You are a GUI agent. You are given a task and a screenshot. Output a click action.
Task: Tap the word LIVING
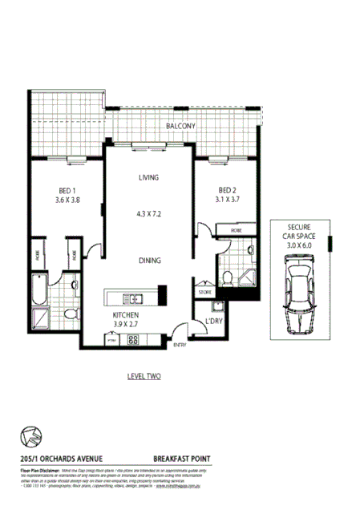click(148, 177)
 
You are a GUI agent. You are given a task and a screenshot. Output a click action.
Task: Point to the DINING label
click(149, 261)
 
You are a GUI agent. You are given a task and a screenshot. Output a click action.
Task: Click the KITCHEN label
click(126, 316)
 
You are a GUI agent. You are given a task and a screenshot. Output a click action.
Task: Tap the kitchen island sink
click(137, 299)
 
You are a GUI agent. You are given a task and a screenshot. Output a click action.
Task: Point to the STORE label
click(205, 293)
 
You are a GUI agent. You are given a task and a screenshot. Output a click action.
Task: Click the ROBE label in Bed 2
click(236, 230)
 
